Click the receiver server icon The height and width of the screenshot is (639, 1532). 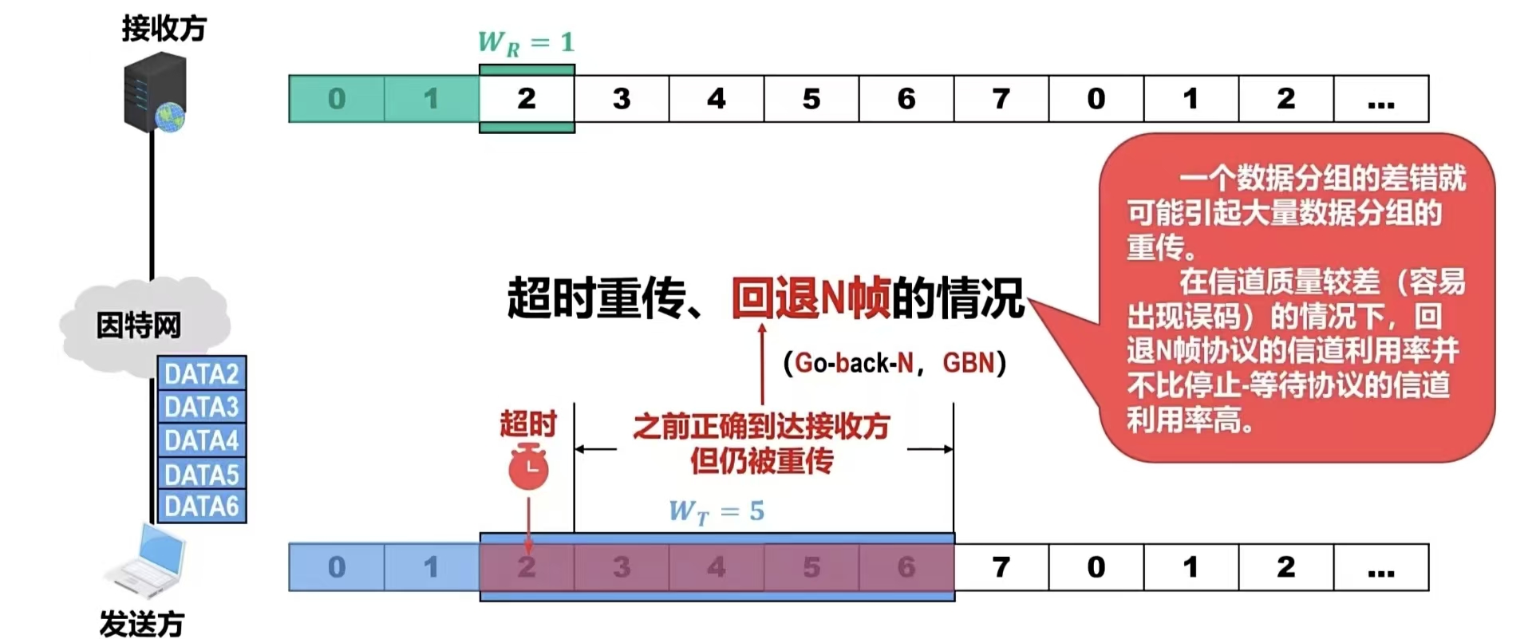pos(155,92)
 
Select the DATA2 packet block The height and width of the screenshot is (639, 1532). pos(201,373)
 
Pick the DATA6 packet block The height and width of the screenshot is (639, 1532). pos(201,507)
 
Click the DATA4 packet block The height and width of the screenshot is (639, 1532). pos(201,440)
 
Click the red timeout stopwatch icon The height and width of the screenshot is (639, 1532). pos(528,468)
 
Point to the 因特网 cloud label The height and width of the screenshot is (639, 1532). pos(139,325)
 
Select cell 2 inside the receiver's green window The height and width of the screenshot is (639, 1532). pos(527,99)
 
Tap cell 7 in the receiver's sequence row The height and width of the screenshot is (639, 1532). pos(1001,99)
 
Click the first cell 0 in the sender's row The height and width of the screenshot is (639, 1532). pos(336,567)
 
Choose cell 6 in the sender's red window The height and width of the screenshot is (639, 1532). pos(906,567)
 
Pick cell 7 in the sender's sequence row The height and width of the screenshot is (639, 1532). pos(1001,567)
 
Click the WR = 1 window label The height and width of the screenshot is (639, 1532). pos(526,42)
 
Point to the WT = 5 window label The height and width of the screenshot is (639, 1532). pos(716,511)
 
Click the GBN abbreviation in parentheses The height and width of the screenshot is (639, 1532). pos(969,364)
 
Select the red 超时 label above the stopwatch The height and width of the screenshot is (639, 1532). pos(527,424)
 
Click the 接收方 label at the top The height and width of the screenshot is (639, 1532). pos(164,29)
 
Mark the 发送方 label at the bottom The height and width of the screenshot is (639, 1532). pos(142,623)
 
